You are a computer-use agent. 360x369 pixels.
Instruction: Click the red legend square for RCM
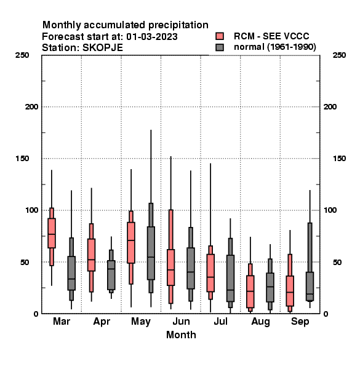point(220,36)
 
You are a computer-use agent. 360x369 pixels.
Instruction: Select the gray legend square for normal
point(220,47)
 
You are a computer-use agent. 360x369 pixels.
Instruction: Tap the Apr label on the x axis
point(102,322)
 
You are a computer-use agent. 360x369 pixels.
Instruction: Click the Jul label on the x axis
point(220,321)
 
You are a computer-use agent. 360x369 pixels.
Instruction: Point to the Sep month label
point(300,322)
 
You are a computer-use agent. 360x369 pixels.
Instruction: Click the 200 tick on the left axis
point(31,107)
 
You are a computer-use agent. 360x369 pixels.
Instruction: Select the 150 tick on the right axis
point(339,159)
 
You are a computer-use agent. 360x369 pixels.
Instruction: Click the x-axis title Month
point(181,335)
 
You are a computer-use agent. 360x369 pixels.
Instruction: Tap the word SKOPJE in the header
point(103,48)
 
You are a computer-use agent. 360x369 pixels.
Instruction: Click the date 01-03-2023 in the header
point(152,37)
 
